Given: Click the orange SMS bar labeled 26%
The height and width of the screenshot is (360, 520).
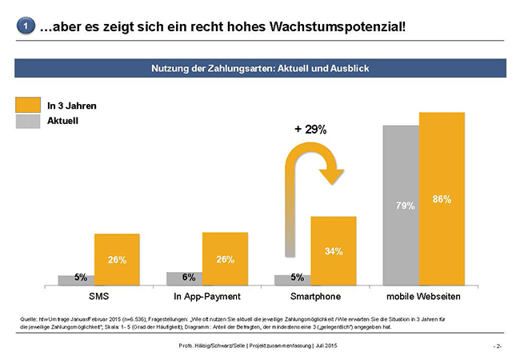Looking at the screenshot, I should [117, 259].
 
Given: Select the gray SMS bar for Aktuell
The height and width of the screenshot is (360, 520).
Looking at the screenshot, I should [76, 279].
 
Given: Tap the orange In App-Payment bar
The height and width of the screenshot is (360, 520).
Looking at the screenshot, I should [225, 258].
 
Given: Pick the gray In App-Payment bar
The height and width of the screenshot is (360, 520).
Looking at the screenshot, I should [184, 278].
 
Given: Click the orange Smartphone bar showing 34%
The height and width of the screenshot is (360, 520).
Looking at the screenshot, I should [333, 250].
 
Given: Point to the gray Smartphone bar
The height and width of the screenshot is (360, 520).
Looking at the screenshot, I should [293, 279].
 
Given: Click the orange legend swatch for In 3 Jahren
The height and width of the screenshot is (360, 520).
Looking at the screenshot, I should [27, 105].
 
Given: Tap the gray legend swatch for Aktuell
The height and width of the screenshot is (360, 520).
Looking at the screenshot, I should [27, 122].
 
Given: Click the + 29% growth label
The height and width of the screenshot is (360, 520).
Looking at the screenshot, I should [311, 129].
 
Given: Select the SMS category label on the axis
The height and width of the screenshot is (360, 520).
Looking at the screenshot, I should [98, 297].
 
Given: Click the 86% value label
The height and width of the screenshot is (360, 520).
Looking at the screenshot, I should [442, 199].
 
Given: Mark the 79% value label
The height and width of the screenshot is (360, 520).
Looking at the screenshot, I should [406, 206].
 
